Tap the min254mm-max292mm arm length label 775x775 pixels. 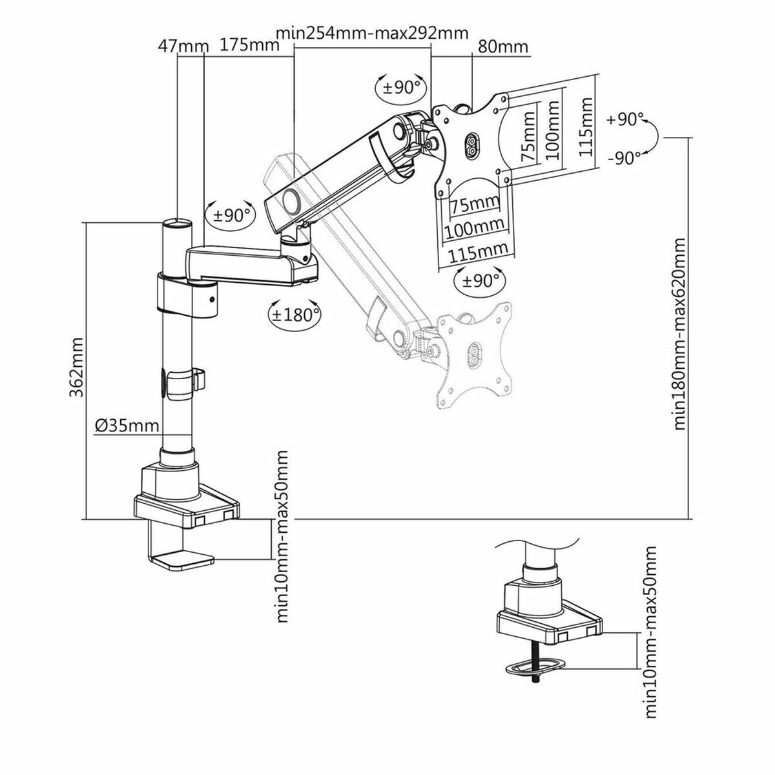pyautogui.click(x=371, y=33)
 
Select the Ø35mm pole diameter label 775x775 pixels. pyautogui.click(x=127, y=425)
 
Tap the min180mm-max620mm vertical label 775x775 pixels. pyautogui.click(x=679, y=334)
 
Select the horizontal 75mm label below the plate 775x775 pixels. pyautogui.click(x=475, y=205)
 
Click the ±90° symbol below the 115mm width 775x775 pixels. pyautogui.click(x=479, y=280)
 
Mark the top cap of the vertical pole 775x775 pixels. pyautogui.click(x=176, y=223)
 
